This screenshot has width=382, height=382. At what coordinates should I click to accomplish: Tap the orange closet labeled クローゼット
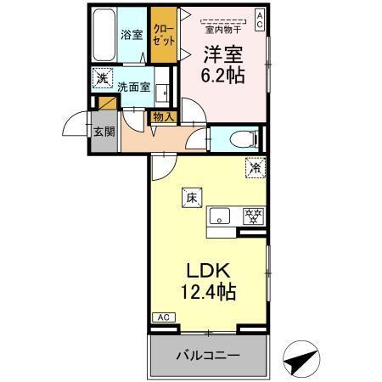click(x=162, y=34)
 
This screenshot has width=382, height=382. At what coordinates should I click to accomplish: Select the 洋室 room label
click(x=222, y=53)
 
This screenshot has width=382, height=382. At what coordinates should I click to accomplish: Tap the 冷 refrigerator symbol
click(x=254, y=168)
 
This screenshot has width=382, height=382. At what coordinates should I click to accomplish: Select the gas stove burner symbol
click(x=252, y=216)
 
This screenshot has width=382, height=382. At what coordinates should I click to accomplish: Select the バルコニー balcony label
click(x=208, y=355)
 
